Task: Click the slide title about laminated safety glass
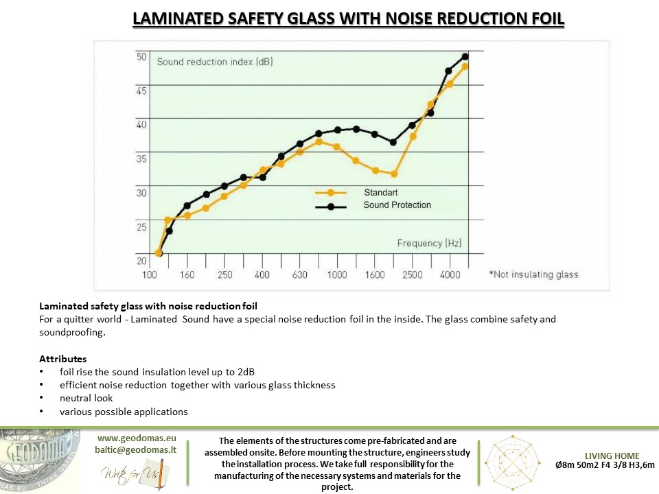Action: click(348, 19)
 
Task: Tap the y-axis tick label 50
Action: click(141, 57)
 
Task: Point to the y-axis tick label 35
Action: click(141, 159)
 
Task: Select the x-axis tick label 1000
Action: click(336, 274)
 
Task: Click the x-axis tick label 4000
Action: click(450, 274)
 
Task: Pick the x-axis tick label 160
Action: click(187, 274)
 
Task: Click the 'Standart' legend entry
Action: click(380, 193)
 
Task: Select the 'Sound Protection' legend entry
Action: click(397, 205)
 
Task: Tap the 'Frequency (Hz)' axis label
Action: click(429, 243)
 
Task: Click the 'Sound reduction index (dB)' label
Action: click(215, 62)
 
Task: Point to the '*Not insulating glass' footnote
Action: click(533, 274)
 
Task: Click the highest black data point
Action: click(465, 56)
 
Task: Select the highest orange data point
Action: click(465, 67)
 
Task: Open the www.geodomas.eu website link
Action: click(137, 437)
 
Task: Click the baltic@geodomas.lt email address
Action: click(137, 449)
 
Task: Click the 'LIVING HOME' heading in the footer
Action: click(612, 456)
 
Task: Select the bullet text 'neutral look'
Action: click(86, 398)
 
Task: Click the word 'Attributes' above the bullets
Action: click(63, 359)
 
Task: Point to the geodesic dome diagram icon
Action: click(514, 461)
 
